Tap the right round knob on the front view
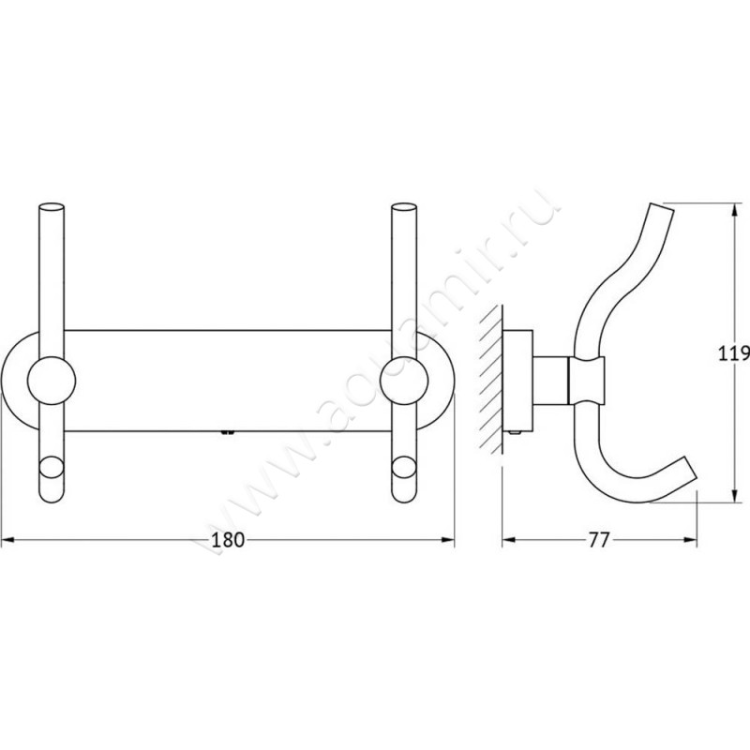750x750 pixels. click(404, 381)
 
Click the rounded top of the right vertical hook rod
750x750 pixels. click(404, 208)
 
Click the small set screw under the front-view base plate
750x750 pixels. click(225, 433)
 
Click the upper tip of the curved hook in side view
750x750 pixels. click(665, 211)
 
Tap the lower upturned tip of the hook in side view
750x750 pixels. click(689, 473)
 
